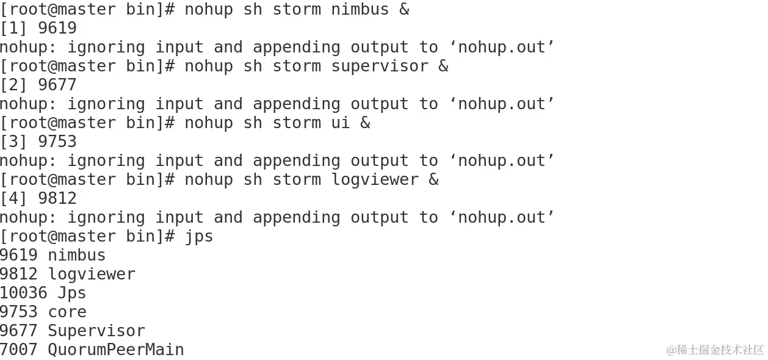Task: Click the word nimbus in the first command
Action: tap(360, 10)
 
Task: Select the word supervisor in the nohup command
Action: tap(380, 67)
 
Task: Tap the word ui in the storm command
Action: tap(341, 123)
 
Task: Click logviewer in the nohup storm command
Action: tap(375, 179)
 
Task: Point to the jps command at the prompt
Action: tap(199, 236)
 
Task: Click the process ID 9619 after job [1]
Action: tap(57, 29)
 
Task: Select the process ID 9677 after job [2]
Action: tap(57, 85)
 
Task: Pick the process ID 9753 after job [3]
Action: tap(57, 142)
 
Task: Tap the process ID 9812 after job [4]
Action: tap(57, 198)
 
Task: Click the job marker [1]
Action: tap(13, 29)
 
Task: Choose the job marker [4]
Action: tap(13, 198)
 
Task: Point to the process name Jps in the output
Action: tap(72, 293)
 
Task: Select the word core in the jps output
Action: tap(67, 312)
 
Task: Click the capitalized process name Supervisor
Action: tap(96, 331)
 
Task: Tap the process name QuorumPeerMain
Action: tap(116, 350)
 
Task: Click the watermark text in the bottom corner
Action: tap(715, 350)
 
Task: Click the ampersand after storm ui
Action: tap(365, 123)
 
